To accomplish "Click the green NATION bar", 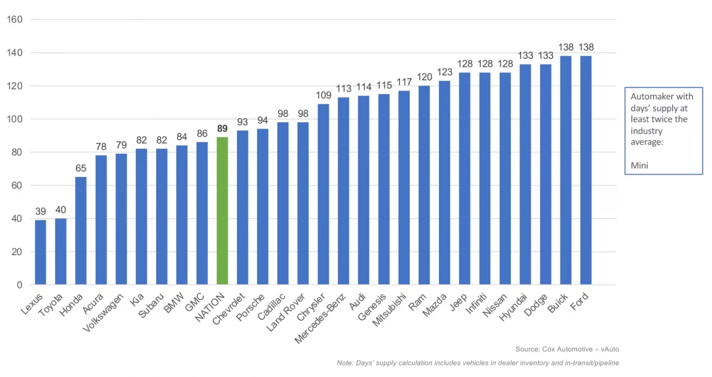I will (x=222, y=211).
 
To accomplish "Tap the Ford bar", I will (x=586, y=171).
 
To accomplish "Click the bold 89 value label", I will (x=222, y=129).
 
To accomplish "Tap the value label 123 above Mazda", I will (x=444, y=72).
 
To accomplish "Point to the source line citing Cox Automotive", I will (x=567, y=349).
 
